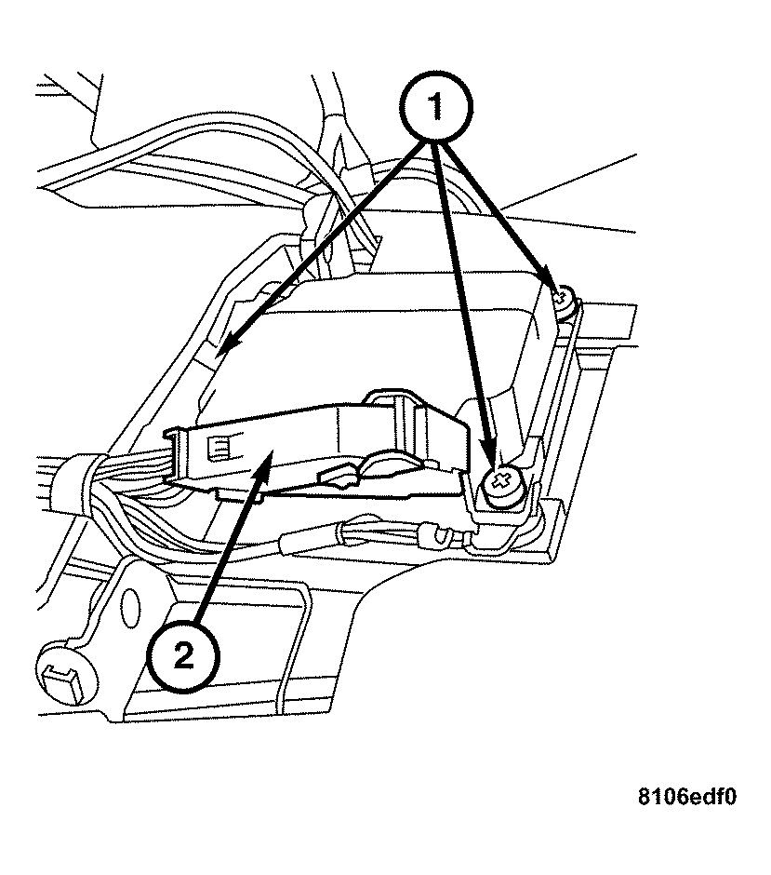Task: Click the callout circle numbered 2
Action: coord(183,656)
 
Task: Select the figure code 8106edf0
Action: coord(687,798)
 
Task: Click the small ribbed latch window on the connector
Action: coord(220,449)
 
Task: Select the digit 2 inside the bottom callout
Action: coord(183,656)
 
